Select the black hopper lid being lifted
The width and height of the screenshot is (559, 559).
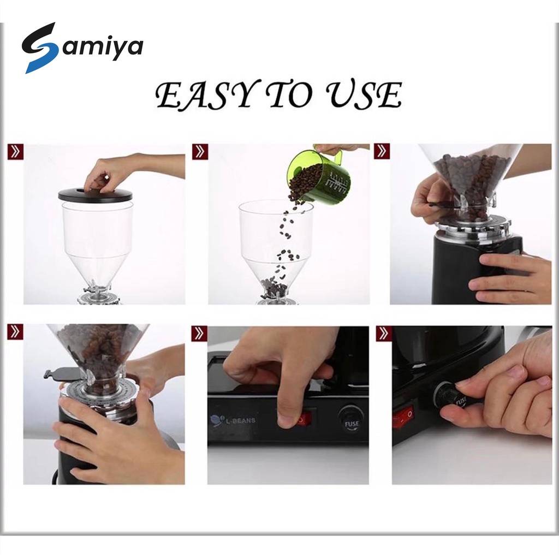click(x=96, y=194)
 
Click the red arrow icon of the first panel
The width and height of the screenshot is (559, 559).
click(x=15, y=152)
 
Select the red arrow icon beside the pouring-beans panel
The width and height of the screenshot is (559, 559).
click(x=200, y=152)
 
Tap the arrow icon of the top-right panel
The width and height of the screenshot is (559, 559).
click(x=382, y=152)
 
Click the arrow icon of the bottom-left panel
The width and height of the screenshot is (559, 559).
click(x=15, y=332)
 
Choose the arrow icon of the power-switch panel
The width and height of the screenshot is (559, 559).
click(x=199, y=334)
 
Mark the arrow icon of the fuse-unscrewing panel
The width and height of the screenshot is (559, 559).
click(x=384, y=334)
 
